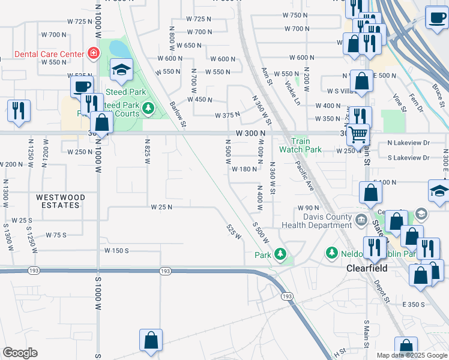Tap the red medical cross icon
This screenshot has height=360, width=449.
[94, 54]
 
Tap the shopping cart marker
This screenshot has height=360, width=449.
[358, 136]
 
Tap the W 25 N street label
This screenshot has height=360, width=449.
[161, 207]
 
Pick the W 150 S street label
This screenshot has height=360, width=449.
[116, 250]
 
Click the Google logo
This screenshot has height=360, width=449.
[20, 353]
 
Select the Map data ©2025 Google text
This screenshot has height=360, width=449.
[411, 355]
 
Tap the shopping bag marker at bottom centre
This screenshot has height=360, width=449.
[151, 340]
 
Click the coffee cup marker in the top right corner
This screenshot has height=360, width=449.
[436, 17]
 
